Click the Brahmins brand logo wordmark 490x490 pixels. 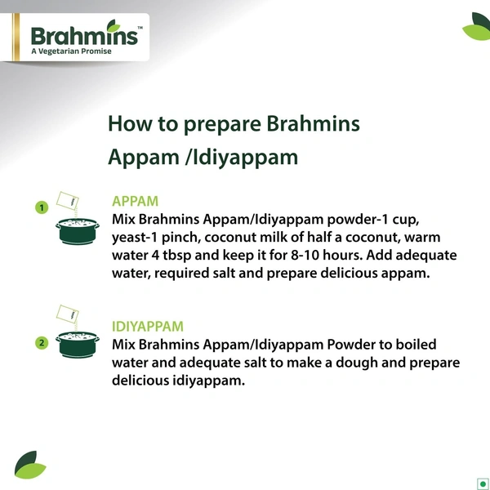(85, 35)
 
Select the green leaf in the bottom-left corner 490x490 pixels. (30, 464)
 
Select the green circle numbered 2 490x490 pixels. (41, 343)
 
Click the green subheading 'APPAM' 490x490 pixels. (135, 201)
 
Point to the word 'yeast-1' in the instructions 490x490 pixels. (134, 238)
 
